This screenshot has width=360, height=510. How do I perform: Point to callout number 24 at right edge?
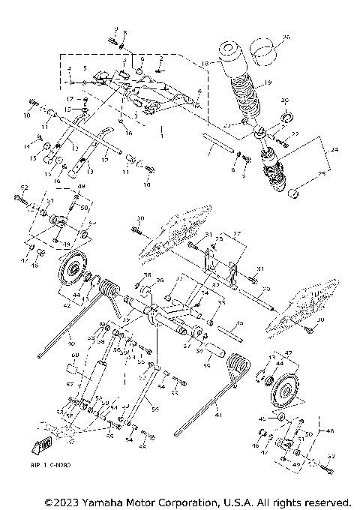(334, 149)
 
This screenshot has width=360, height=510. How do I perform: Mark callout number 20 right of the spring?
(284, 100)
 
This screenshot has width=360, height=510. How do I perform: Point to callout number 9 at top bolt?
(115, 28)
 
